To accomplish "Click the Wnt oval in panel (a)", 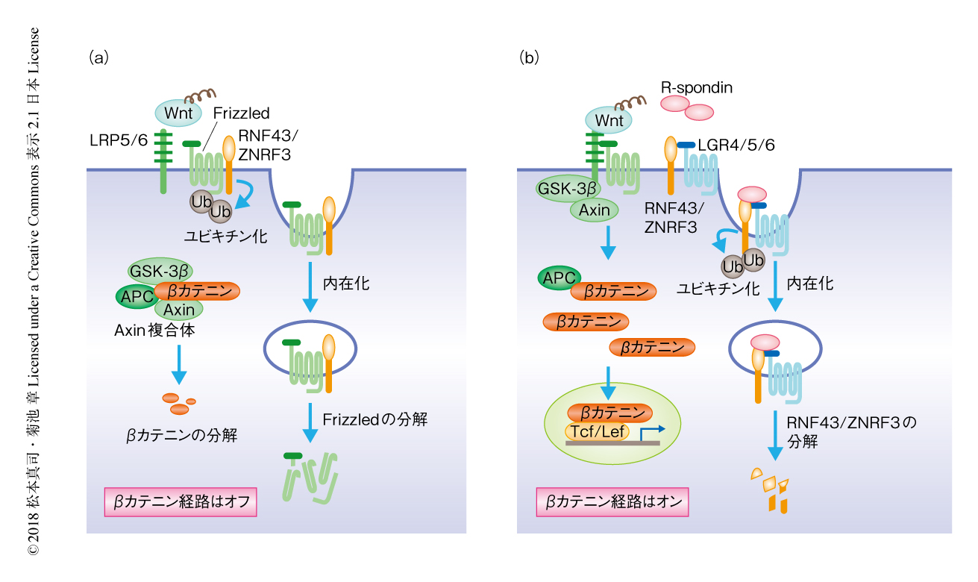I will tap(174, 113).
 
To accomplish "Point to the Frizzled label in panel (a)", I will tap(241, 113).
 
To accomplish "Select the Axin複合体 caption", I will tap(155, 329).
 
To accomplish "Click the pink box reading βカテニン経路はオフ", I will tap(180, 502).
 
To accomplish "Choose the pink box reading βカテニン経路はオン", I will tap(612, 502).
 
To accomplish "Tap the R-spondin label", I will tap(697, 88).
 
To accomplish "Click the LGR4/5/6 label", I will tap(736, 145).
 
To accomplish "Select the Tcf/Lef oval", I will tap(597, 431).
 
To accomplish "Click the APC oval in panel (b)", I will tap(558, 278).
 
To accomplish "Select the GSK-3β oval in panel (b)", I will tap(567, 188).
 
